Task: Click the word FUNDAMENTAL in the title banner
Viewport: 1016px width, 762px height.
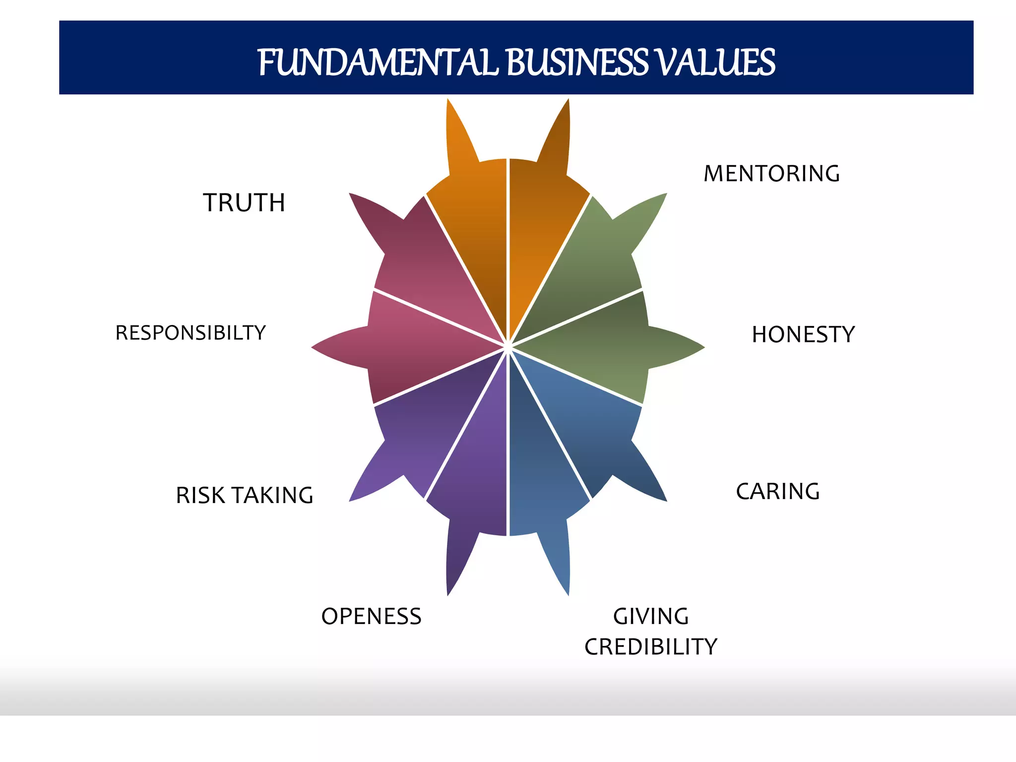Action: (x=377, y=63)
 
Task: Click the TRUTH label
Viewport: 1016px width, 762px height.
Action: (x=244, y=203)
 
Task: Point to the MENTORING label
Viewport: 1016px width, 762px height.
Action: (x=771, y=174)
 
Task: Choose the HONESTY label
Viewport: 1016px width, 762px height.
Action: (x=803, y=334)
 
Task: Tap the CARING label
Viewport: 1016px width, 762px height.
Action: (x=777, y=492)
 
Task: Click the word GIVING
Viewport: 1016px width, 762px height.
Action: (x=651, y=617)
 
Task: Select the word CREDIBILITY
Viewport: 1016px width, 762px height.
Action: (x=651, y=647)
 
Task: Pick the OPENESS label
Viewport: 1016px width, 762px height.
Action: (x=371, y=617)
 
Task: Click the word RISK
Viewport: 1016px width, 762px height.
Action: (x=200, y=496)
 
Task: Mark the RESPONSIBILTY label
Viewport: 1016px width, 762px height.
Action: (x=190, y=333)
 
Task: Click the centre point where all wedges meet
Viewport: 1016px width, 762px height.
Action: (x=508, y=347)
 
